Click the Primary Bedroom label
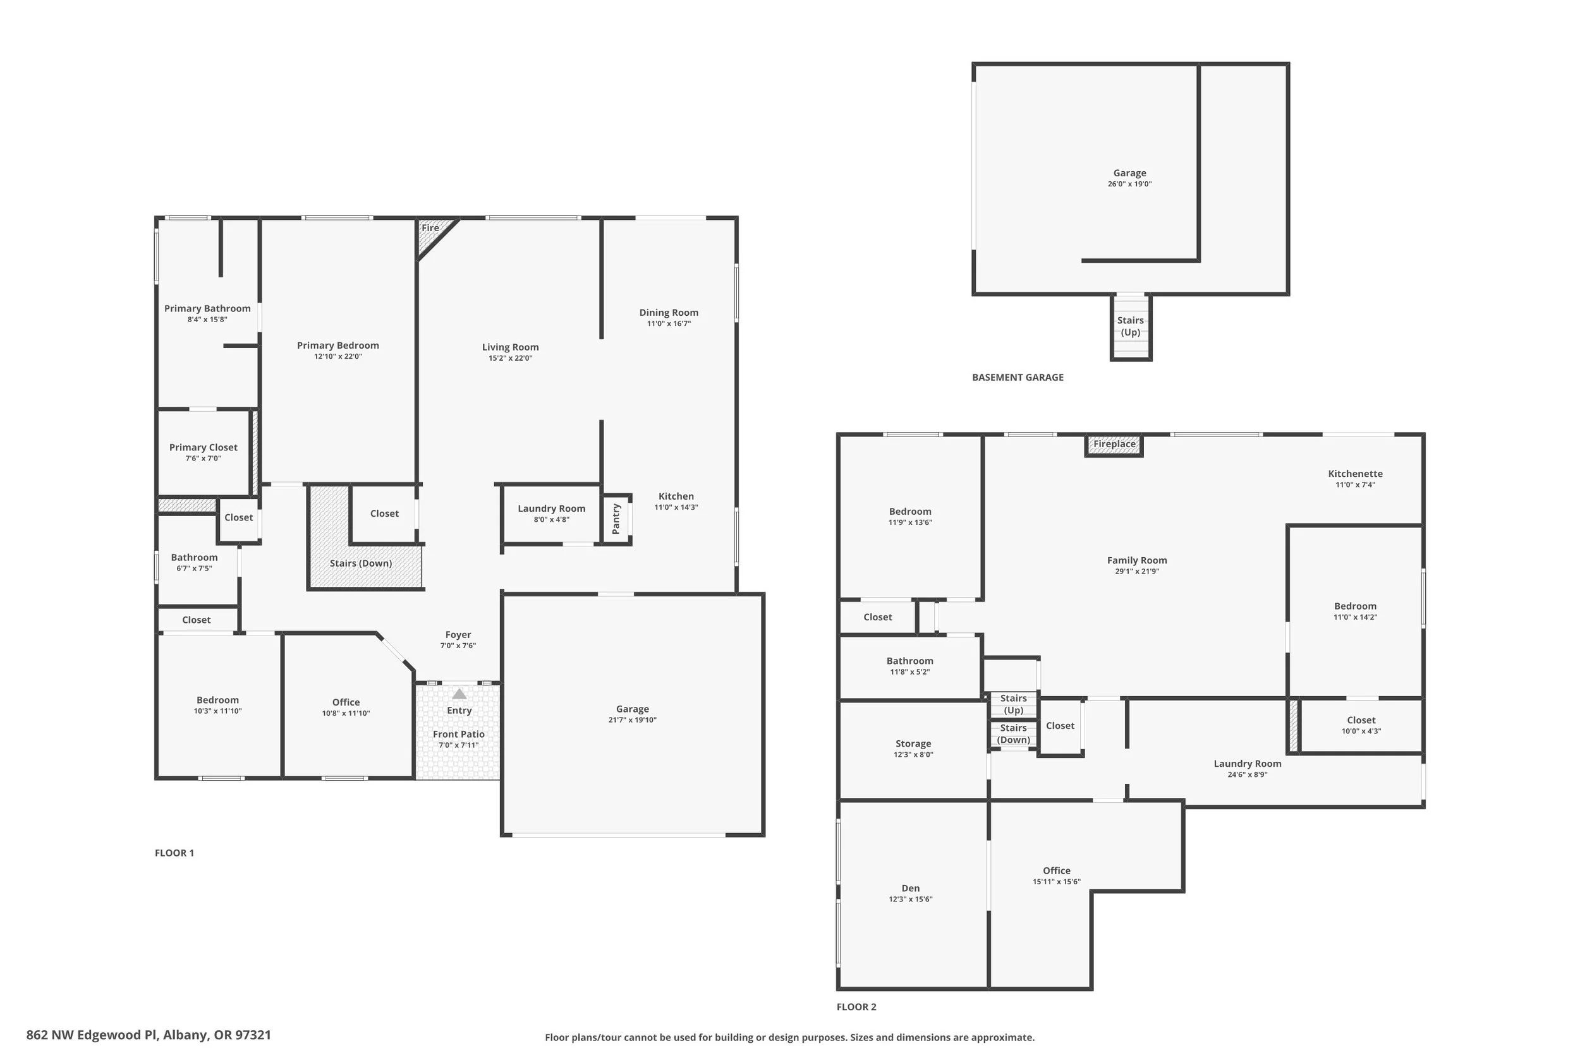pos(338,345)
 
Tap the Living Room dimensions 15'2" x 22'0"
pos(511,359)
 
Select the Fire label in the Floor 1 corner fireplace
pos(430,227)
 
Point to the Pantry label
pos(616,519)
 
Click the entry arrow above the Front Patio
pos(459,694)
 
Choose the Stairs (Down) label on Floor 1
pos(361,563)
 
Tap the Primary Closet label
pos(204,447)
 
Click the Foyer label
pos(458,635)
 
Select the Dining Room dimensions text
pos(669,323)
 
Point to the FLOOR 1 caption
pos(174,853)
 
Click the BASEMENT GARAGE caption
pos(1018,377)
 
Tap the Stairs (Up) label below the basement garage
pos(1131,327)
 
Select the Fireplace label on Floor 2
pos(1114,444)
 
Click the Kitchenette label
pos(1356,474)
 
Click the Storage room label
pos(914,743)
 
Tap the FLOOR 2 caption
pos(856,1007)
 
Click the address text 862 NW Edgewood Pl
pos(90,1035)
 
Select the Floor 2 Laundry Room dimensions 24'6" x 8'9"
pos(1248,775)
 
